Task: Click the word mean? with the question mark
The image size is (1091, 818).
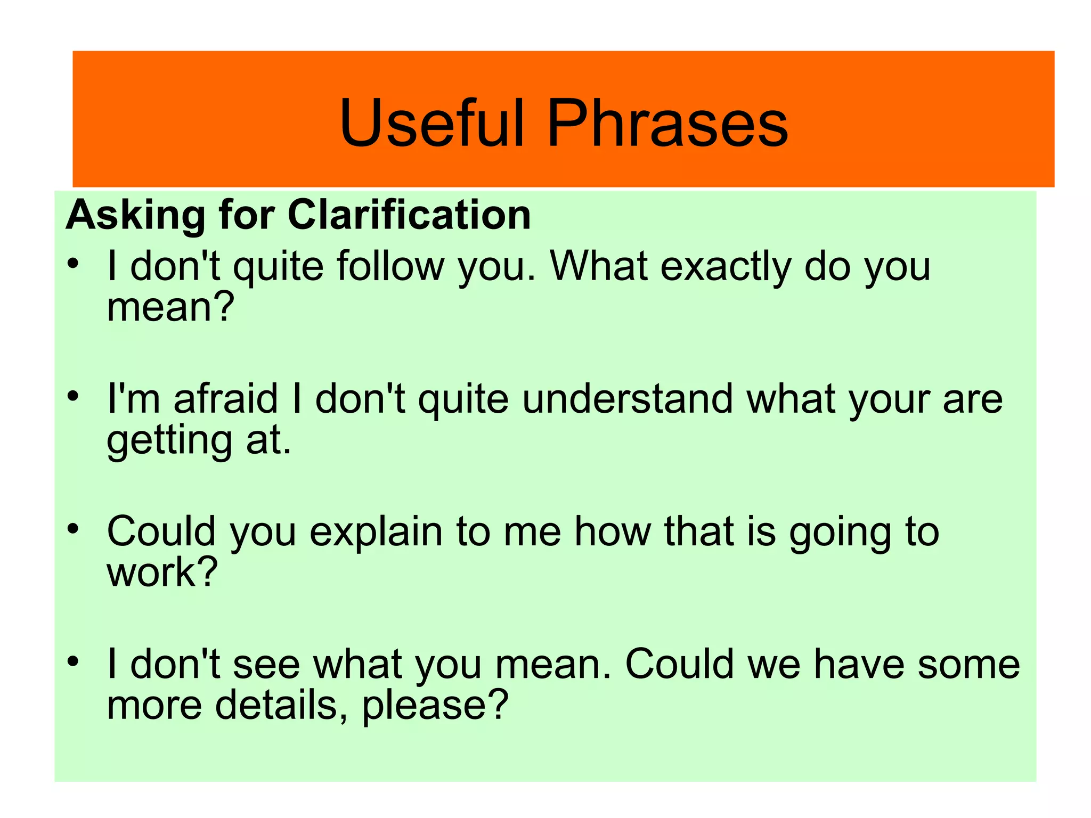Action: [x=170, y=307]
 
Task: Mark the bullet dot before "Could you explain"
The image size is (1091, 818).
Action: [x=73, y=529]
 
